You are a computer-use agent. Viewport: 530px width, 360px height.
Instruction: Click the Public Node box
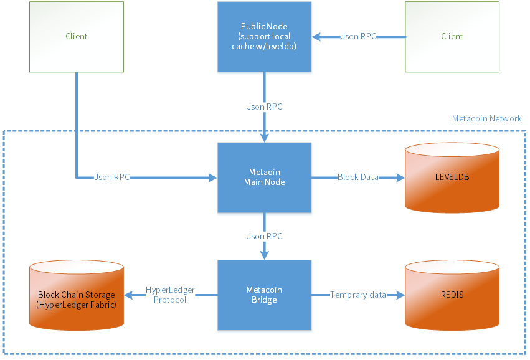[x=264, y=36]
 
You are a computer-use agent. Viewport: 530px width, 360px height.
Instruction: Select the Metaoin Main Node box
[x=264, y=178]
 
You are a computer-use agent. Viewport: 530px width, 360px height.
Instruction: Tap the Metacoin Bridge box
[x=264, y=295]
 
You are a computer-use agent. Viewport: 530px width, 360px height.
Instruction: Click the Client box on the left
[x=77, y=36]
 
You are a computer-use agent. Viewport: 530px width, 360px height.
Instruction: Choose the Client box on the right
[x=452, y=36]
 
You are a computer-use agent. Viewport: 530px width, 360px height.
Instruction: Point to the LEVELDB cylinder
[x=452, y=178]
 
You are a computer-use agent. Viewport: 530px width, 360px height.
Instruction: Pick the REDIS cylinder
[x=452, y=295]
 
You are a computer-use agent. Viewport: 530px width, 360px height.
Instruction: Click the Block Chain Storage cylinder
[x=76, y=295]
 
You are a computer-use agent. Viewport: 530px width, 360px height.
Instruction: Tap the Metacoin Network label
[x=486, y=118]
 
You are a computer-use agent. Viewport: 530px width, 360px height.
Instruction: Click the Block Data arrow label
[x=357, y=177]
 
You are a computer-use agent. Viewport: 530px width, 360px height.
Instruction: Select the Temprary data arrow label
[x=358, y=295]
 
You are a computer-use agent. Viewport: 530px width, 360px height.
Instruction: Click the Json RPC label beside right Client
[x=358, y=36]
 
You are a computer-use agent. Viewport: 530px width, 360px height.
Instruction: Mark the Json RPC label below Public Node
[x=264, y=107]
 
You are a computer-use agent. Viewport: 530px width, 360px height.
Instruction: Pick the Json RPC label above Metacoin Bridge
[x=264, y=236]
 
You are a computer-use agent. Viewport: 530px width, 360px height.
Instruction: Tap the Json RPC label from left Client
[x=112, y=177]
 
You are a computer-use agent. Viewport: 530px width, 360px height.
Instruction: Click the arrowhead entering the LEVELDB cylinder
[x=400, y=178]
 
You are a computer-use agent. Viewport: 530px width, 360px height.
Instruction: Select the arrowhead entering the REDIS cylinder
[x=400, y=295]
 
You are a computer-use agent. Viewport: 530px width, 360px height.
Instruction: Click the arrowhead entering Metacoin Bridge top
[x=264, y=255]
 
